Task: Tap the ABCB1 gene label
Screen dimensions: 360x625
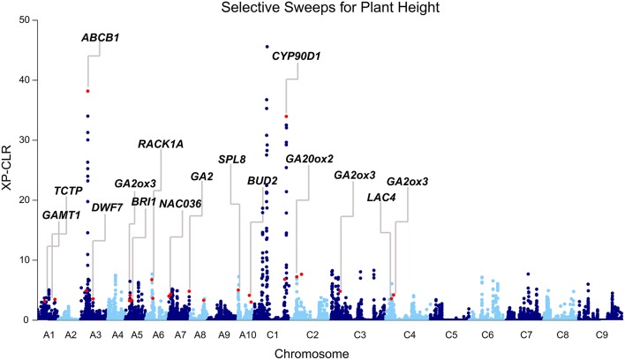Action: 100,39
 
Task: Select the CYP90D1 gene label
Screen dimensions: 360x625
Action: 296,56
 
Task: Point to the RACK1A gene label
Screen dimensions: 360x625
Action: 161,144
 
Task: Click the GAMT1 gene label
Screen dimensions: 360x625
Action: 59,214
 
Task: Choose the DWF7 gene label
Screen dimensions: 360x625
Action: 107,207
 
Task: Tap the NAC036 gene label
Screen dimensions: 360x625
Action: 180,205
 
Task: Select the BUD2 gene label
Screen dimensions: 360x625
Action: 262,180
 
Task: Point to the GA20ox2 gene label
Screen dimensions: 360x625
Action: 309,159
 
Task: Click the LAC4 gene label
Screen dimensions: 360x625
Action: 381,197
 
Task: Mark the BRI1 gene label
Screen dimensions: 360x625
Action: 143,202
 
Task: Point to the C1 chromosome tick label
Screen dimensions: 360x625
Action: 273,335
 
